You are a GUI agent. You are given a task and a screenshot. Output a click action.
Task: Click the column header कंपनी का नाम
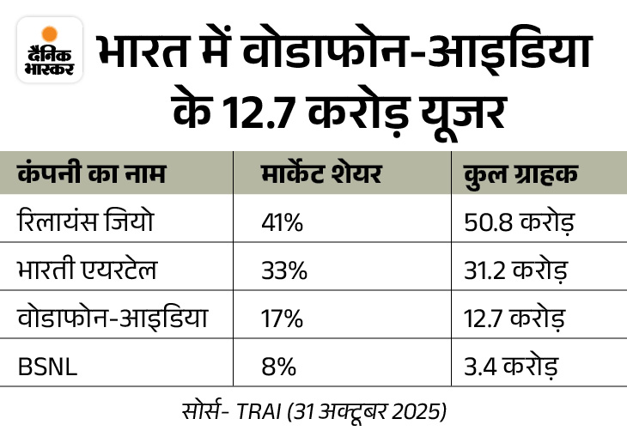tap(91, 174)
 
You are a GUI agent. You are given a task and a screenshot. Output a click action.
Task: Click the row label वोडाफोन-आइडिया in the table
tap(109, 319)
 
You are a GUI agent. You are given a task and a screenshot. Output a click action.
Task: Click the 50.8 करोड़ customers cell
tap(511, 224)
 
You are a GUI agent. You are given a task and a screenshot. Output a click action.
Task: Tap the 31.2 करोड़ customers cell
tap(510, 272)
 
